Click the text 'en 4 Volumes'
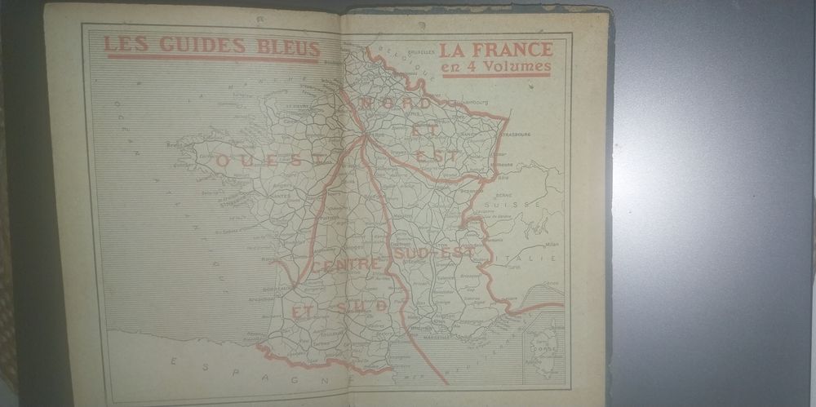(495, 66)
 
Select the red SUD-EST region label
(433, 254)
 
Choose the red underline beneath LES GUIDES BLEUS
(212, 58)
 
